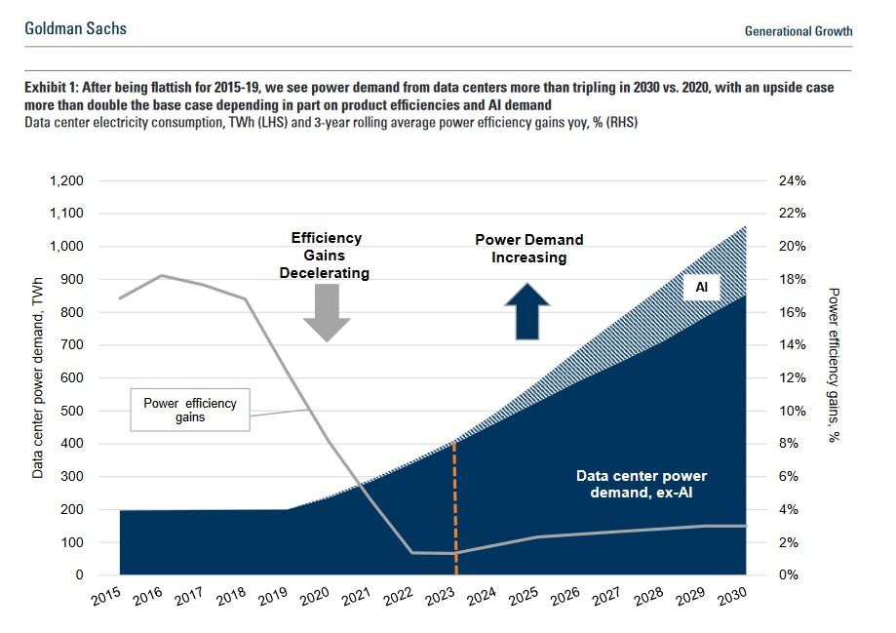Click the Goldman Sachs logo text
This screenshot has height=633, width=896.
75,28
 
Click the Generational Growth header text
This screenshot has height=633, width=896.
798,31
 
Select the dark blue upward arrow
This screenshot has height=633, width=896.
528,312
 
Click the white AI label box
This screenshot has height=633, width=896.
701,288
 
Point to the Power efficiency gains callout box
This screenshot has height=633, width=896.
189,410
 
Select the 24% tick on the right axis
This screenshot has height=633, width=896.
792,181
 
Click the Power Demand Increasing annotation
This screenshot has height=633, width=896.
528,249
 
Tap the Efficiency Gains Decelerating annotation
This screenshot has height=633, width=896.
326,256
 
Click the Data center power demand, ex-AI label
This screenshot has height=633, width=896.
641,484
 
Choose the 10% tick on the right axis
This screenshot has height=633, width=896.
792,411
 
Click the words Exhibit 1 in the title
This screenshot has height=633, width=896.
56,88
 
